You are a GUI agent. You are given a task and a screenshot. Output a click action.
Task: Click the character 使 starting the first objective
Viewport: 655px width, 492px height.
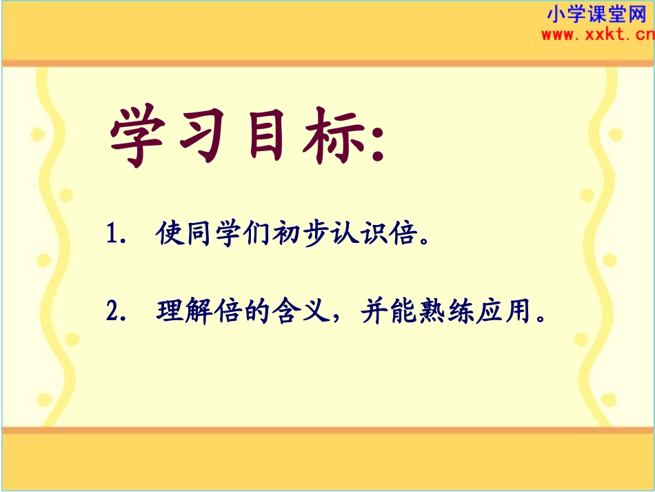(168, 235)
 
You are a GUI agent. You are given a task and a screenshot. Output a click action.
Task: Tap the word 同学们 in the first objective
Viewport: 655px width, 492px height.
(223, 235)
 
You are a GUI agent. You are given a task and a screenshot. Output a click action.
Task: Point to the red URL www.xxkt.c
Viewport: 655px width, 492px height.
(595, 35)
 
